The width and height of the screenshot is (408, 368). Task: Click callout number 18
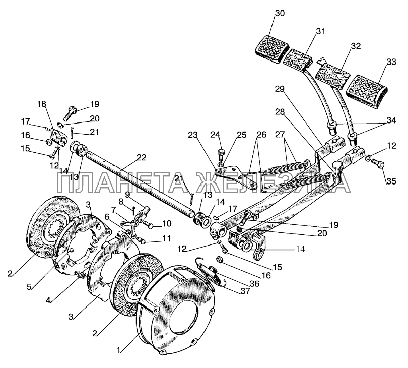pyautogui.click(x=42, y=104)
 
